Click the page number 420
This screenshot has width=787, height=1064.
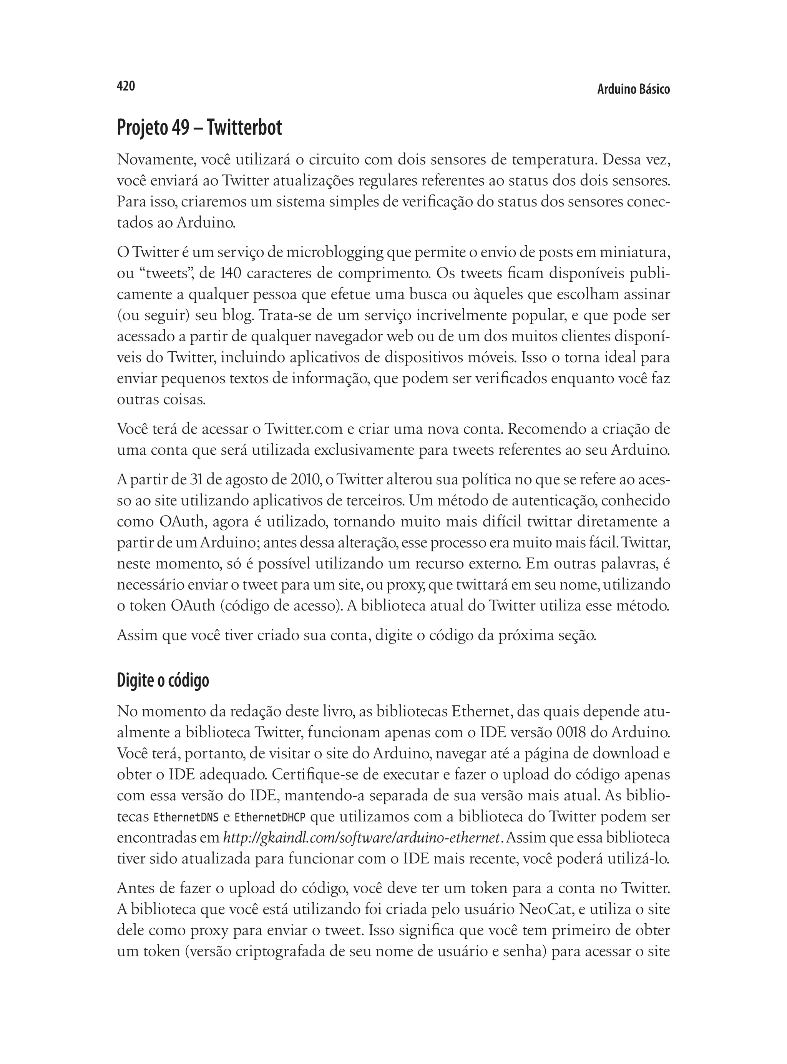coord(126,86)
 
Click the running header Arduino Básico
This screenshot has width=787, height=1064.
coord(633,90)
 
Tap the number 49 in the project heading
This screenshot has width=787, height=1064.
coord(181,128)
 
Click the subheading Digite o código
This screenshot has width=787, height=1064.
coord(163,680)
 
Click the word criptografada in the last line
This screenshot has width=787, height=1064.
coord(290,951)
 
